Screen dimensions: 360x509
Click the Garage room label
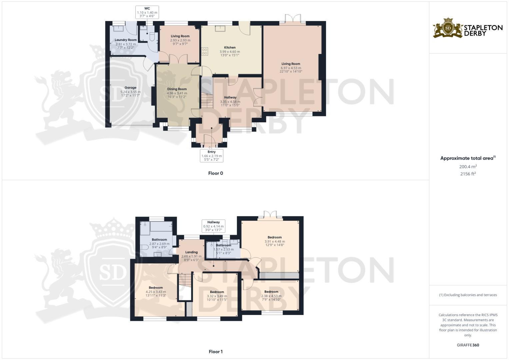pos(130,88)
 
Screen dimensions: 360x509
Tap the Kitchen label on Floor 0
pos(230,48)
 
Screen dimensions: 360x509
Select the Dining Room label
pos(177,89)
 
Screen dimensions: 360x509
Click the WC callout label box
pos(147,12)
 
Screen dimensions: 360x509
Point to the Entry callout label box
pos(211,156)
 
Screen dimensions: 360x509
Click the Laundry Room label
pos(126,40)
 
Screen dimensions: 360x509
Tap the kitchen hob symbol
pos(205,51)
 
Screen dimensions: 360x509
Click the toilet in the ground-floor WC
pos(152,36)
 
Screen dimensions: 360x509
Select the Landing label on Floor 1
pos(191,252)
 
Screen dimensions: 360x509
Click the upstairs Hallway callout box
pos(213,226)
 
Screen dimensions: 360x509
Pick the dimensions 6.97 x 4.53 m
pos(291,68)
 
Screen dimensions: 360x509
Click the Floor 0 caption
pos(215,173)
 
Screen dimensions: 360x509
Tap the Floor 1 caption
pos(215,352)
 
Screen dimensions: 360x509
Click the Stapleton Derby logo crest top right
pos(448,28)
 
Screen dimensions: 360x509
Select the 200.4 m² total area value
pos(468,166)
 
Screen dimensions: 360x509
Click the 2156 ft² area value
pos(468,174)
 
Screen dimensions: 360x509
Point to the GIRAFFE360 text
pos(468,345)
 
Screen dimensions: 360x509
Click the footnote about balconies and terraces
pos(468,295)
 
